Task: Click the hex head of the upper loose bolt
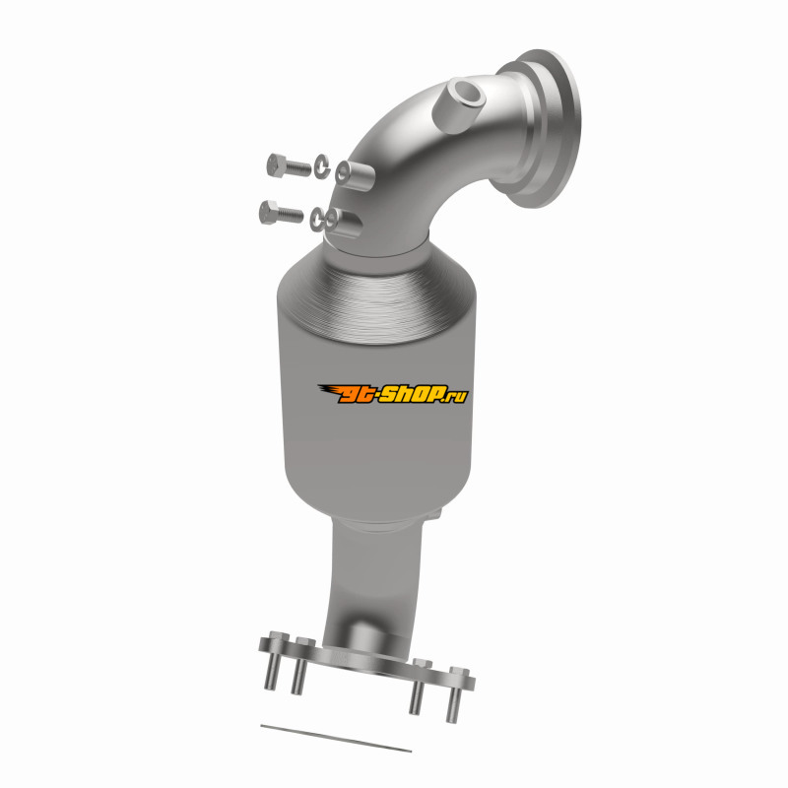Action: point(276,165)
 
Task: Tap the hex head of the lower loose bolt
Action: point(269,212)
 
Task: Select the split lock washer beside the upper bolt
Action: point(322,166)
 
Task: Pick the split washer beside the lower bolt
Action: point(317,219)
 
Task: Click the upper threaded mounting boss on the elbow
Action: point(355,174)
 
